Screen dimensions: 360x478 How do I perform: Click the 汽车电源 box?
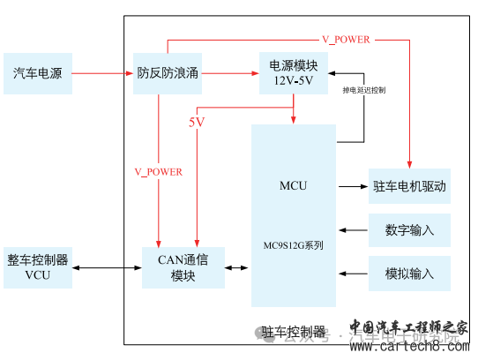[x=37, y=72]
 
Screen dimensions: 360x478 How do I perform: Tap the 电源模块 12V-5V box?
[x=294, y=72]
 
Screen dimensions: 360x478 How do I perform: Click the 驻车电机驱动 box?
[x=410, y=186]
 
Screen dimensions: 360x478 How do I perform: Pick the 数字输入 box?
[x=410, y=230]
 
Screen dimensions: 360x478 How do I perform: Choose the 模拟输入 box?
[x=410, y=274]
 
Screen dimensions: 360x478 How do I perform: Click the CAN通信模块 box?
[x=183, y=266]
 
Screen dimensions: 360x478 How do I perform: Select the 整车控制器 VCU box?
[x=37, y=266]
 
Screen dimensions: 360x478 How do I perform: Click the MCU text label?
[x=293, y=186]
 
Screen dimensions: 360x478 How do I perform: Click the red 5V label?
[x=196, y=122]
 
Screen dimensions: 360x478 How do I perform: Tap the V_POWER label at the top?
[x=345, y=39]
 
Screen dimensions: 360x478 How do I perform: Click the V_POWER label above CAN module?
[x=159, y=172]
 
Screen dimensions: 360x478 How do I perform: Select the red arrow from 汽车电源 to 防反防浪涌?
[x=101, y=73]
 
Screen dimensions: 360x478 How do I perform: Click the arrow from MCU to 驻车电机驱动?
[x=352, y=186]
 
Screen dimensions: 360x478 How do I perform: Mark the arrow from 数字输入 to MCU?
[x=352, y=230]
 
